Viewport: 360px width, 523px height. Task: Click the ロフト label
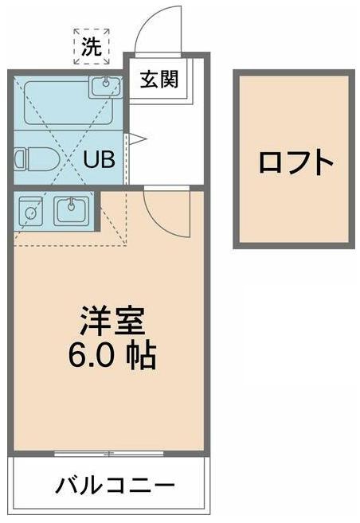click(x=295, y=162)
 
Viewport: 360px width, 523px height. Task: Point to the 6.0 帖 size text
click(x=111, y=355)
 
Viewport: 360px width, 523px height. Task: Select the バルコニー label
click(x=114, y=485)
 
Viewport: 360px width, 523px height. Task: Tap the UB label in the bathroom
click(x=100, y=158)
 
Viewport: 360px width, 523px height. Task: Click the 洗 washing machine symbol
click(x=92, y=46)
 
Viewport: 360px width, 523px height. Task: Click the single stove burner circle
click(x=30, y=213)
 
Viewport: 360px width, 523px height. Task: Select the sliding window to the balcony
click(x=111, y=455)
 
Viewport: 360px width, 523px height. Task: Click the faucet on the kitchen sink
click(x=72, y=203)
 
